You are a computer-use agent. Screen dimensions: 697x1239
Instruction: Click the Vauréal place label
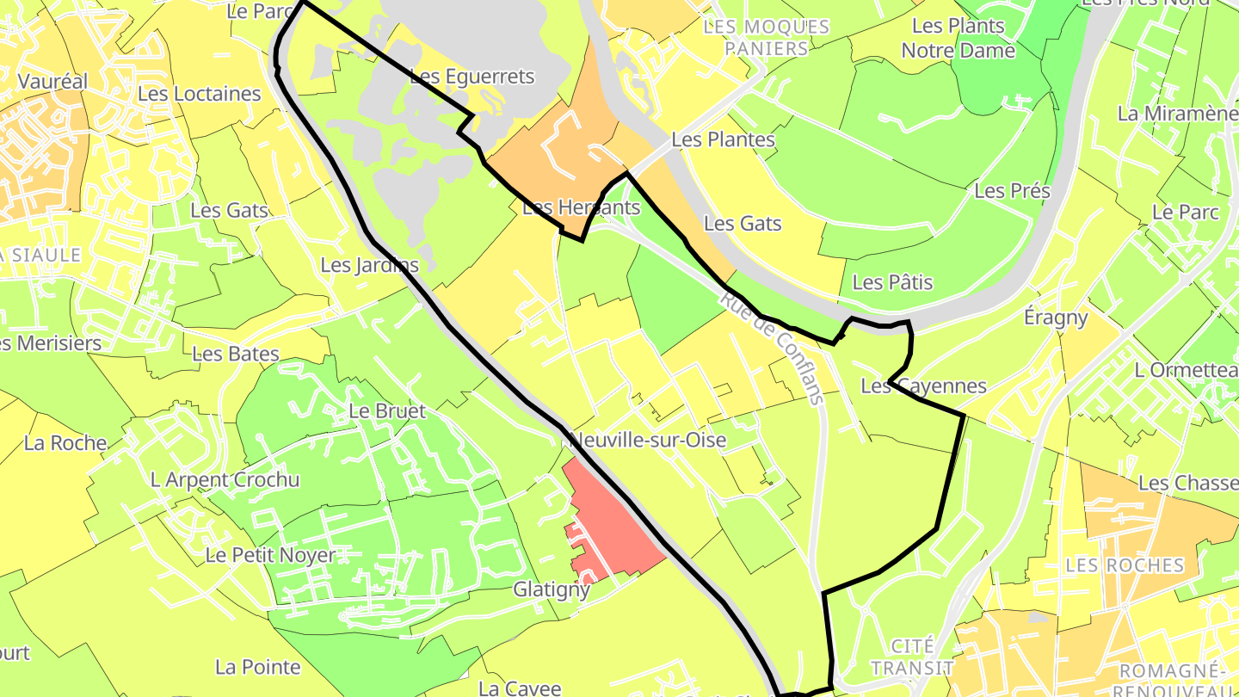[52, 82]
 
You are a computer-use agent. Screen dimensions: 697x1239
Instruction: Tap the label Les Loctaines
[199, 94]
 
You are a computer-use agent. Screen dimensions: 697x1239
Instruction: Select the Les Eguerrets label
[472, 77]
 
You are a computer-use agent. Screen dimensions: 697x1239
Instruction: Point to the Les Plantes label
[723, 139]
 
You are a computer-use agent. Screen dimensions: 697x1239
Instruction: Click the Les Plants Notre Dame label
[958, 39]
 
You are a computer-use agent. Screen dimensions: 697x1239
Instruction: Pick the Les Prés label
[1012, 191]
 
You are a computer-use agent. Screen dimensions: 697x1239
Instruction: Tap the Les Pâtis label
[892, 282]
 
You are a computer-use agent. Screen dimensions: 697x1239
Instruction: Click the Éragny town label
[1056, 318]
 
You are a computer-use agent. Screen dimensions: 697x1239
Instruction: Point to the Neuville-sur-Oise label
[649, 441]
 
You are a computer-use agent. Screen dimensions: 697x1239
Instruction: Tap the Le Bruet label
[386, 411]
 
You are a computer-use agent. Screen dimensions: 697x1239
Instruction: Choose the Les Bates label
[236, 354]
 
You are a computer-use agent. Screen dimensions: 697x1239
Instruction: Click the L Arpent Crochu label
[225, 479]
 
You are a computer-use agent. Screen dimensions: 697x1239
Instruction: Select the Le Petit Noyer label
[270, 555]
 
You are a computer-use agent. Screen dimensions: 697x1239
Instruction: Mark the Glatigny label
[552, 589]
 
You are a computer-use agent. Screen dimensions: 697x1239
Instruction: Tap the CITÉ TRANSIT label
[912, 657]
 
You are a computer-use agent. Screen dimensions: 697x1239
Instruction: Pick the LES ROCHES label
[1125, 565]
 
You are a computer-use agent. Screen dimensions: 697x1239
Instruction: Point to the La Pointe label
[258, 667]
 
